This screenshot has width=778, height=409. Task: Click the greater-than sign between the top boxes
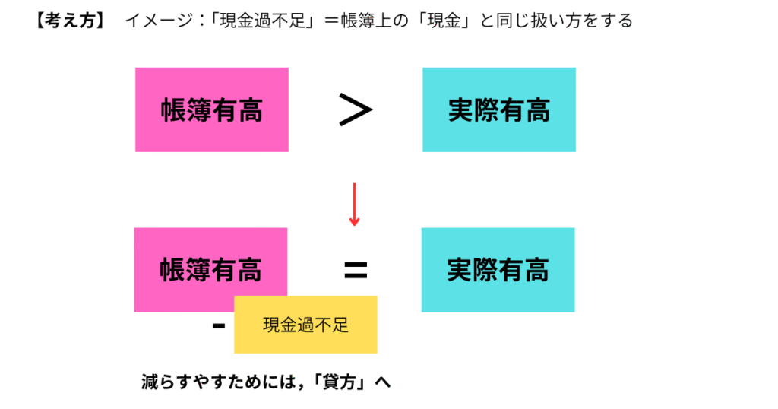[x=356, y=109]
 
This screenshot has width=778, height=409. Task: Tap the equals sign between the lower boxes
[x=356, y=271]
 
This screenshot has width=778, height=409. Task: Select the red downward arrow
[x=354, y=204]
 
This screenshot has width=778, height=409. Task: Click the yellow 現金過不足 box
[x=305, y=325]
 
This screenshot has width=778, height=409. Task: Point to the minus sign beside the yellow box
[x=219, y=326]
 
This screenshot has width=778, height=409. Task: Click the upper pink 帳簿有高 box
[x=212, y=109]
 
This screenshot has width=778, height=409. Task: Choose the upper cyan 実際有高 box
[x=499, y=109]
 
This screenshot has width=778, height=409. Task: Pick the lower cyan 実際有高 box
[x=498, y=270]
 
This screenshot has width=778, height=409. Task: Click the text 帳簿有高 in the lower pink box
[x=210, y=271]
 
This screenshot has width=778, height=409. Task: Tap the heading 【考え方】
[x=70, y=21]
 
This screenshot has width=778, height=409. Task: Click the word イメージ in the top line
[x=159, y=21]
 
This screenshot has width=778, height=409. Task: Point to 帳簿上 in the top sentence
[x=366, y=21]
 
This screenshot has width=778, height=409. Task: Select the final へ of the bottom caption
[x=383, y=382]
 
